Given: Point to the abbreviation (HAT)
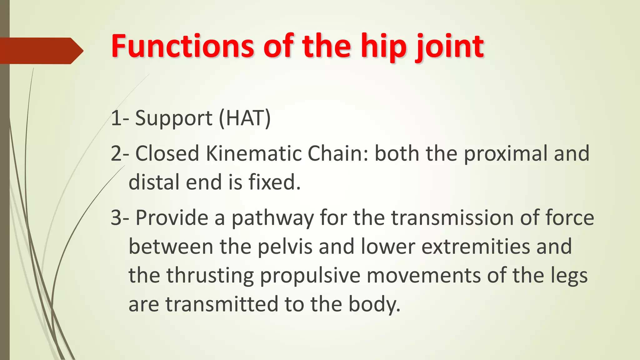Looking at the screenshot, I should (245, 118).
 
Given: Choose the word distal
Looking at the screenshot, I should (154, 182).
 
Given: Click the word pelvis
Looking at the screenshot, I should (285, 247).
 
